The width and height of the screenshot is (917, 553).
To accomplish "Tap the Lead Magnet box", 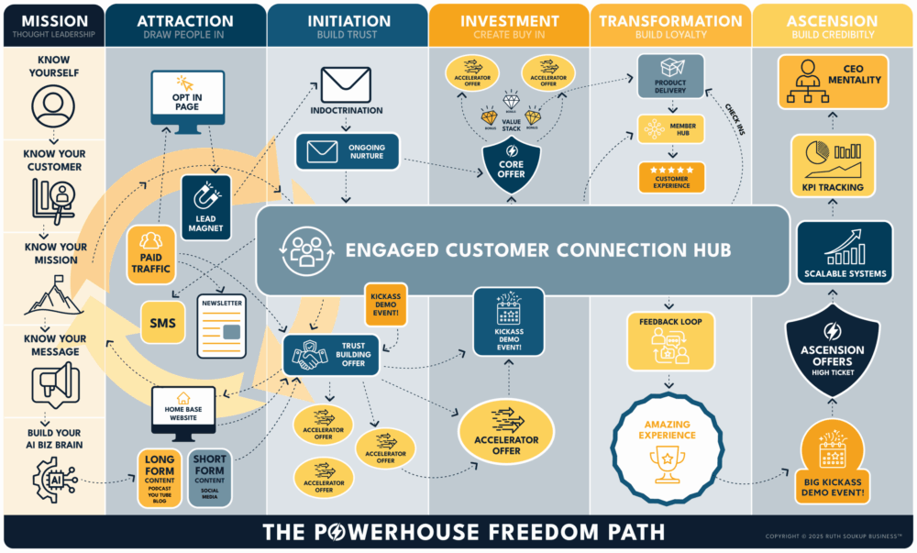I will pyautogui.click(x=207, y=205).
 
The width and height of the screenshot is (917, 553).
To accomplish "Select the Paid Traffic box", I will pyautogui.click(x=149, y=251).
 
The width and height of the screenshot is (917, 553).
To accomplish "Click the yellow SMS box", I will pyautogui.click(x=163, y=322).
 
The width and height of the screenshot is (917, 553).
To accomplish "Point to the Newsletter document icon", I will pyautogui.click(x=221, y=326).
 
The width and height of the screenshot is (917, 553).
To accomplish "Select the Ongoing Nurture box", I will pyautogui.click(x=346, y=150).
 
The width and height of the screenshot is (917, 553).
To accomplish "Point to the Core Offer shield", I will pyautogui.click(x=510, y=167).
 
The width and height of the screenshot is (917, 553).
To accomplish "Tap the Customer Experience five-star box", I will pyautogui.click(x=671, y=178).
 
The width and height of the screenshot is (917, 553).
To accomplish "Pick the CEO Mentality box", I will pyautogui.click(x=834, y=80).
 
